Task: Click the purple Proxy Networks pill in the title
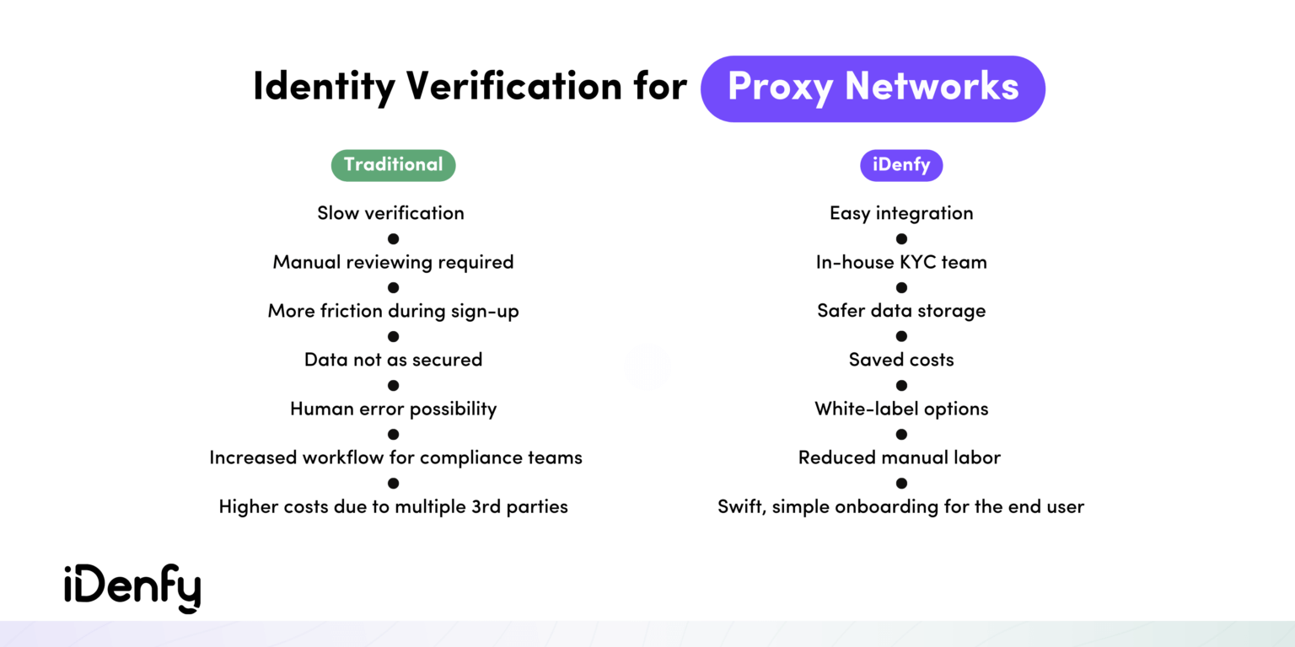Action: pyautogui.click(x=873, y=88)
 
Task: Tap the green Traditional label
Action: pyautogui.click(x=393, y=165)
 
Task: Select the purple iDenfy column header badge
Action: pyautogui.click(x=900, y=165)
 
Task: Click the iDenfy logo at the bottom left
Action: pyautogui.click(x=132, y=588)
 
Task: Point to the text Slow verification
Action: pyautogui.click(x=390, y=213)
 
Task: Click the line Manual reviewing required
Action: pyautogui.click(x=393, y=262)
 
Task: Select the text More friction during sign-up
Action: pyautogui.click(x=393, y=311)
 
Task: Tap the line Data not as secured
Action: pyautogui.click(x=393, y=360)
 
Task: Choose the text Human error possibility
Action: pyautogui.click(x=393, y=409)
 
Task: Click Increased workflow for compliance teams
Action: pyautogui.click(x=395, y=457)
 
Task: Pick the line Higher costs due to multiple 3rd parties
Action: pyautogui.click(x=393, y=506)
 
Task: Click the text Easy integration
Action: pyautogui.click(x=900, y=213)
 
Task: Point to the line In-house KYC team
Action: pyautogui.click(x=900, y=262)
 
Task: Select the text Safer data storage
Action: pyautogui.click(x=900, y=311)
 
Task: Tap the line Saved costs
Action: pyautogui.click(x=900, y=360)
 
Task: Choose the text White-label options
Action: pyautogui.click(x=900, y=409)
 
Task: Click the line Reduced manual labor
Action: pyautogui.click(x=899, y=457)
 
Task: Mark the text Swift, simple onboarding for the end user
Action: pyautogui.click(x=900, y=506)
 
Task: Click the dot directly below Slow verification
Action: pyautogui.click(x=393, y=239)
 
